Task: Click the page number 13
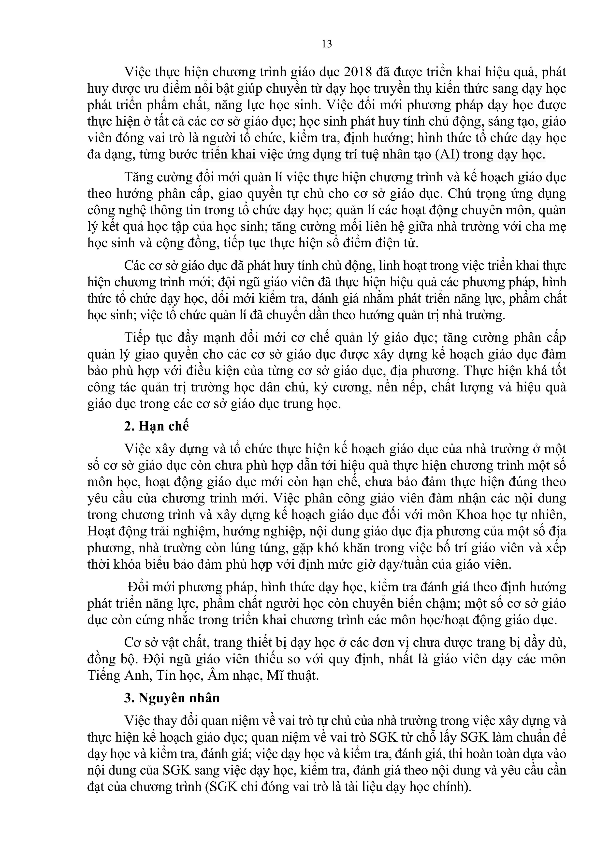[x=327, y=44]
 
